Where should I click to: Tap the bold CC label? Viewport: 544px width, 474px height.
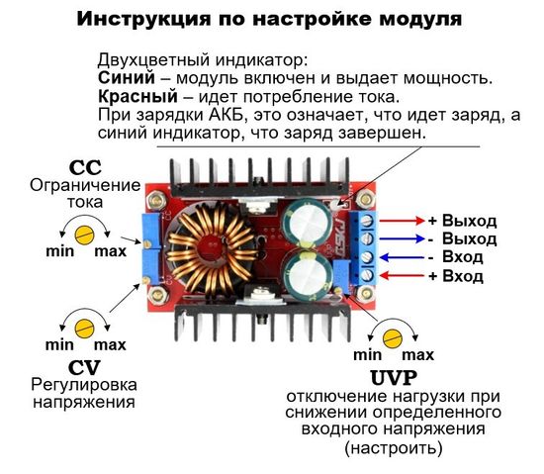coord(84,166)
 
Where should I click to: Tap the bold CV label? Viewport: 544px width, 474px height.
coord(83,366)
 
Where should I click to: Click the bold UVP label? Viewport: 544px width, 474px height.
coord(394,377)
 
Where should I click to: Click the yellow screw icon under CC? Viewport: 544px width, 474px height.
coord(84,234)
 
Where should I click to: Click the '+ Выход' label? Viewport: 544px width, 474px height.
coord(462,220)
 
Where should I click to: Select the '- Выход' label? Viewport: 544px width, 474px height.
coord(462,238)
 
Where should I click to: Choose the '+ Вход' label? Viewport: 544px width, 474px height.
coord(456,276)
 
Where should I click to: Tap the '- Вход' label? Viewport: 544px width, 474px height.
coord(456,257)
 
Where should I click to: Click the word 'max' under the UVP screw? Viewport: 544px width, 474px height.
coord(418,355)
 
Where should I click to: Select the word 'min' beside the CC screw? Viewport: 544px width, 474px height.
coord(59,251)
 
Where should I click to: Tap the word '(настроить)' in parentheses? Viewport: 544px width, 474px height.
coord(394,448)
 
